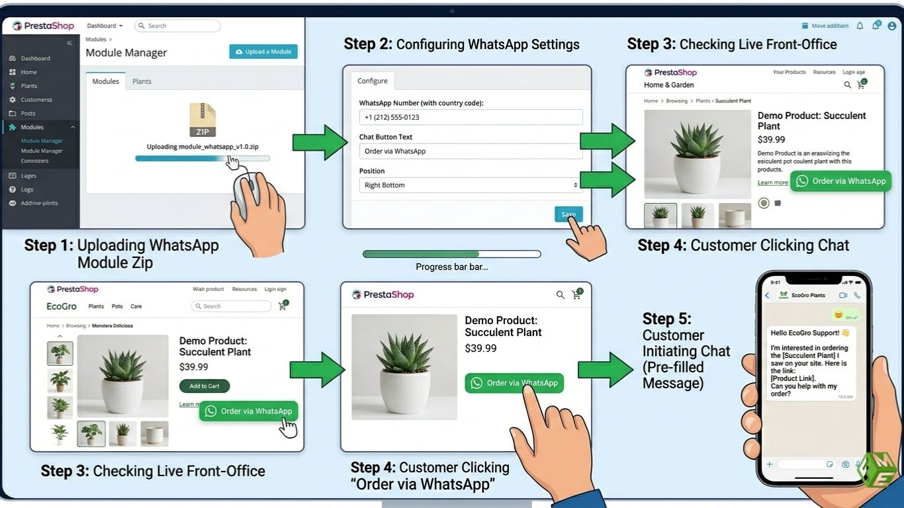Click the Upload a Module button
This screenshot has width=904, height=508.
click(x=263, y=52)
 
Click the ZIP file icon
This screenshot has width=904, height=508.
click(x=202, y=120)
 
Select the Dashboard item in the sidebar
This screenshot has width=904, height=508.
click(x=35, y=58)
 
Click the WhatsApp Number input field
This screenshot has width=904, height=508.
click(x=471, y=117)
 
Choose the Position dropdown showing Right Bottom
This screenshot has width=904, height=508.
click(x=471, y=185)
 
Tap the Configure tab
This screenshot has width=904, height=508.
click(x=373, y=81)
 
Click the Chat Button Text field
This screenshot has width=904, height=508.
click(x=471, y=151)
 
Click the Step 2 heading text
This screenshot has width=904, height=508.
click(x=461, y=44)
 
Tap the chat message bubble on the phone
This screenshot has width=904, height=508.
click(x=811, y=362)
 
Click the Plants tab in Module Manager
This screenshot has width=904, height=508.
click(x=142, y=81)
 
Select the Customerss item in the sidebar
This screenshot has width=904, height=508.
click(x=36, y=100)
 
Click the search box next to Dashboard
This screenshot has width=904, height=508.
click(x=177, y=26)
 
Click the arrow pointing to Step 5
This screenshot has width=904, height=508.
click(x=605, y=369)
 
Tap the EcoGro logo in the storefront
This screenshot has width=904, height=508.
click(x=62, y=306)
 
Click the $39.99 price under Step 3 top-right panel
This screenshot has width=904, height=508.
click(x=771, y=140)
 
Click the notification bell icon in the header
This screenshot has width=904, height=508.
click(x=860, y=26)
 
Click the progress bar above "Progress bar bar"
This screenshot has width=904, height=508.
click(x=451, y=254)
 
